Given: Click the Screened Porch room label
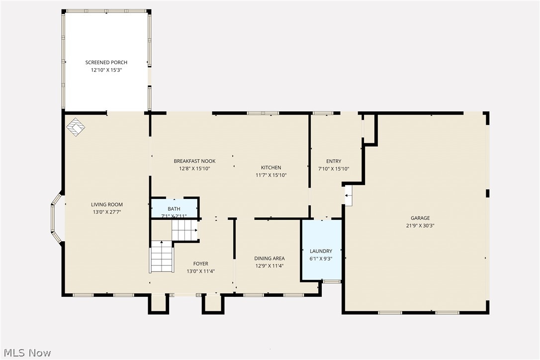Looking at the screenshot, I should [106, 62].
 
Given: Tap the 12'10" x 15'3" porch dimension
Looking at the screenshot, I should [106, 71].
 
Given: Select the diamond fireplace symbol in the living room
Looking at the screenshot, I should [76, 127].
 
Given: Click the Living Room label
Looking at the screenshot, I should [106, 204].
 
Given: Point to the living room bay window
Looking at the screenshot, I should [55, 218].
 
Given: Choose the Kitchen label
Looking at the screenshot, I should [271, 168].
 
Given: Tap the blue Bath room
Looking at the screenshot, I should [174, 208].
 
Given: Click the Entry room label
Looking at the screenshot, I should [334, 161].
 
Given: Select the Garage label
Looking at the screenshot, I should [420, 218].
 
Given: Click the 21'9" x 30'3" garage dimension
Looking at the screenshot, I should [420, 225].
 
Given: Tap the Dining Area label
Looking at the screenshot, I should [270, 258].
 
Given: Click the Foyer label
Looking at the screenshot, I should [200, 264].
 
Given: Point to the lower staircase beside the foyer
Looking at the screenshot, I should [162, 256].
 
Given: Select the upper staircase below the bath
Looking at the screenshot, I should [184, 230].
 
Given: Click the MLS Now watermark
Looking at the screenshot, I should [26, 353].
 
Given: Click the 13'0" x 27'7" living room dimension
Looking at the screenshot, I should [106, 212].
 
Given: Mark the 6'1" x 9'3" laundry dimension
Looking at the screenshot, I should [321, 259].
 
